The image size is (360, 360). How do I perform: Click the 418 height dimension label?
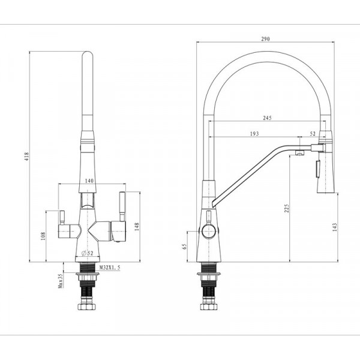(25, 157)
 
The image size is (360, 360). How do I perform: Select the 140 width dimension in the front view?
(89, 181)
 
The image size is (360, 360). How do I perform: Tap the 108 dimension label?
(43, 237)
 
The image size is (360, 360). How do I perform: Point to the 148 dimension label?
(137, 226)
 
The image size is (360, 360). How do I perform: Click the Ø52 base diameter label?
(88, 253)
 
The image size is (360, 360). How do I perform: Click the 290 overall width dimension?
(266, 39)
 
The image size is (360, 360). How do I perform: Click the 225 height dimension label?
(286, 208)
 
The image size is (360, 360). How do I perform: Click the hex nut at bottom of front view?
(88, 308)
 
